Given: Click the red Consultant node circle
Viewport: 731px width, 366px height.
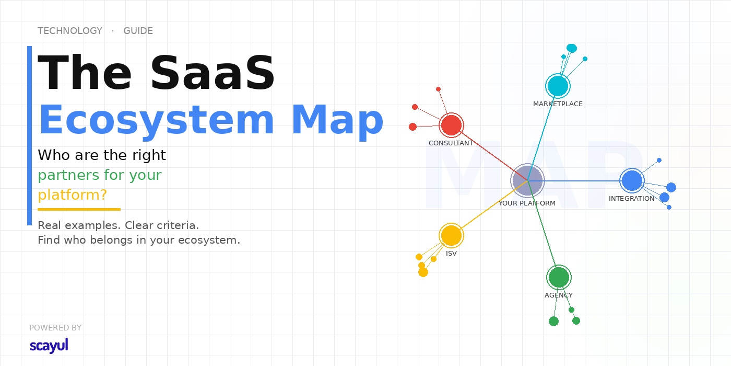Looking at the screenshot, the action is pyautogui.click(x=451, y=125).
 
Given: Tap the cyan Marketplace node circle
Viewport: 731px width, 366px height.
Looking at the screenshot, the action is pyautogui.click(x=558, y=86).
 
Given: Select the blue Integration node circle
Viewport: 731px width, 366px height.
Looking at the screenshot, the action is pyautogui.click(x=632, y=180).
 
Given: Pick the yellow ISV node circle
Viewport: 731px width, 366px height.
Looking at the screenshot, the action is pyautogui.click(x=451, y=236).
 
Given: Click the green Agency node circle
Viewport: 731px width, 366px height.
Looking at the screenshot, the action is pyautogui.click(x=559, y=278).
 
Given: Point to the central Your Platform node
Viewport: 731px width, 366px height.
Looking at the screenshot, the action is pyautogui.click(x=527, y=180).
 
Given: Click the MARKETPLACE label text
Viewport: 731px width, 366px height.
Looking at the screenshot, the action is pyautogui.click(x=558, y=104).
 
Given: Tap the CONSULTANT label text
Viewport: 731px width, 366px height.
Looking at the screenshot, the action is pyautogui.click(x=451, y=143).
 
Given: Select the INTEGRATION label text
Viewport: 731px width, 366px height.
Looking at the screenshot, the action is pyautogui.click(x=631, y=199).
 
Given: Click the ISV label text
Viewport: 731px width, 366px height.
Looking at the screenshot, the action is pyautogui.click(x=451, y=254).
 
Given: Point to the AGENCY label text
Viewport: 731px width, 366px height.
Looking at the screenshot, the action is pyautogui.click(x=559, y=295).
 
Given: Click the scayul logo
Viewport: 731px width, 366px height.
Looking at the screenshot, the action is pyautogui.click(x=49, y=346).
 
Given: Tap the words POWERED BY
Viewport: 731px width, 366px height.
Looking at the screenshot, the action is pyautogui.click(x=55, y=328).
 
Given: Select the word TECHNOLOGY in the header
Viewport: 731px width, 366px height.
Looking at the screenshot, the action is pyautogui.click(x=70, y=31).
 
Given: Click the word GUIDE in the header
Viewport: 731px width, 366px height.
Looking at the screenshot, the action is pyautogui.click(x=138, y=31).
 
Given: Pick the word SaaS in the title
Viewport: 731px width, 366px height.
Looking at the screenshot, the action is pyautogui.click(x=213, y=72).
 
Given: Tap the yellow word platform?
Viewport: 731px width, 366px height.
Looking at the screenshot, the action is pyautogui.click(x=73, y=195).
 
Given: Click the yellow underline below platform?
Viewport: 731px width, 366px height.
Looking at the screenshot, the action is pyautogui.click(x=79, y=210).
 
